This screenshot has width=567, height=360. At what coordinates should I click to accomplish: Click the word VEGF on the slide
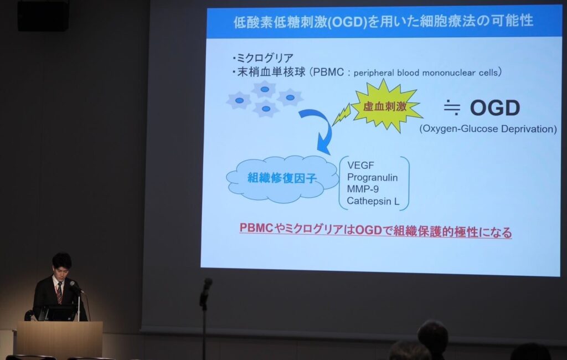tap(360, 166)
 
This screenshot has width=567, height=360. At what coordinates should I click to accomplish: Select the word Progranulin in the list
tap(372, 177)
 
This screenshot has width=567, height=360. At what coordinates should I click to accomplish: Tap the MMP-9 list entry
tap(363, 189)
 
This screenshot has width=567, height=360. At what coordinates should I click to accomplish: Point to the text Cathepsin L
tap(373, 201)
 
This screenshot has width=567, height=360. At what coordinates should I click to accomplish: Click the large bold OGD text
tap(494, 107)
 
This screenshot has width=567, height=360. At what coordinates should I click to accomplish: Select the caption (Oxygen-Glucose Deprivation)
tap(488, 129)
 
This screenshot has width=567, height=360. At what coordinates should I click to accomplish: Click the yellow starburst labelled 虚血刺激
tap(385, 106)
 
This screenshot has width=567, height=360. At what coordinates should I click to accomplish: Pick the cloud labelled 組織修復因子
tap(282, 178)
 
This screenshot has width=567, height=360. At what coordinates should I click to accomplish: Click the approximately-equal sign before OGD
tap(452, 108)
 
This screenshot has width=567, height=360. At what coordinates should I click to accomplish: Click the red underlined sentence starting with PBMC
tap(376, 230)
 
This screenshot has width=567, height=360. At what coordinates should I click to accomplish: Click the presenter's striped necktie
tap(59, 293)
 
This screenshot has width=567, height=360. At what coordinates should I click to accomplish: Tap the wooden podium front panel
tap(60, 340)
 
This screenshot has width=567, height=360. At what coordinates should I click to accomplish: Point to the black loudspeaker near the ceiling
tap(43, 14)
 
